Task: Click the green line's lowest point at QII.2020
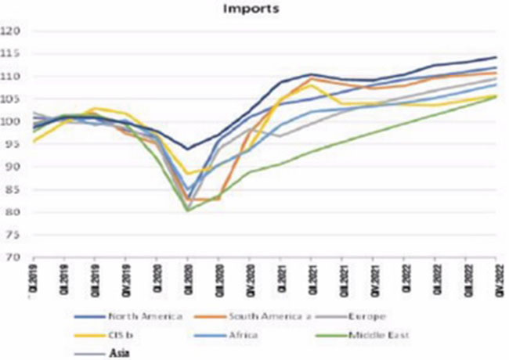click(188, 211)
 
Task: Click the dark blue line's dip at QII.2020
click(187, 149)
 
